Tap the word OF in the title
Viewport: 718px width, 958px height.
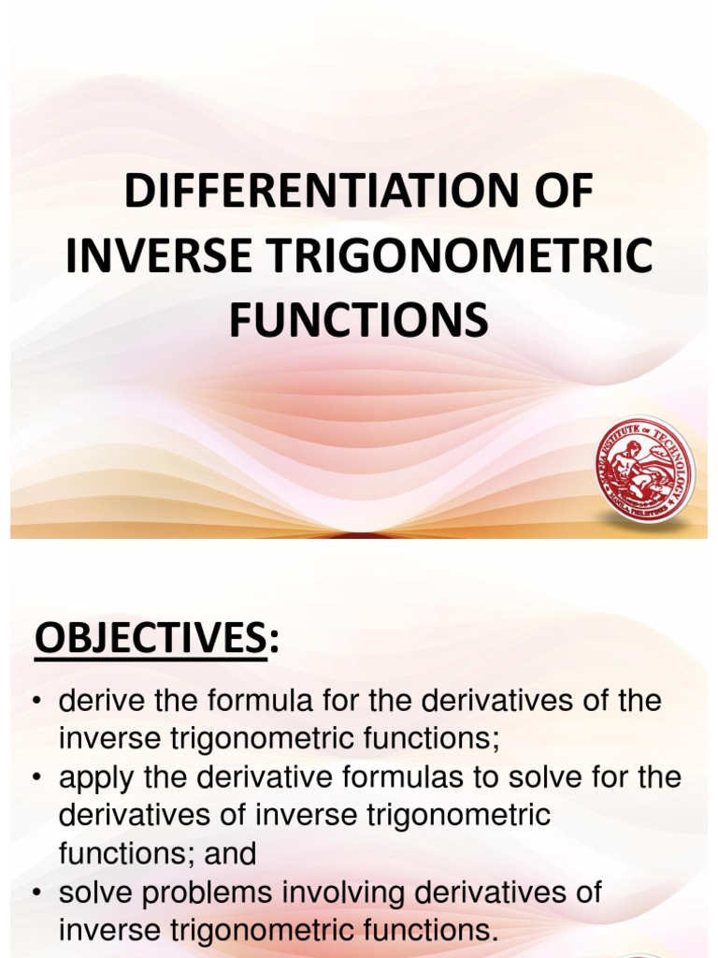click(557, 193)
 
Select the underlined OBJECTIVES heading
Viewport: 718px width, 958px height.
click(150, 640)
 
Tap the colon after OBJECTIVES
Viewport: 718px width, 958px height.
click(273, 642)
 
